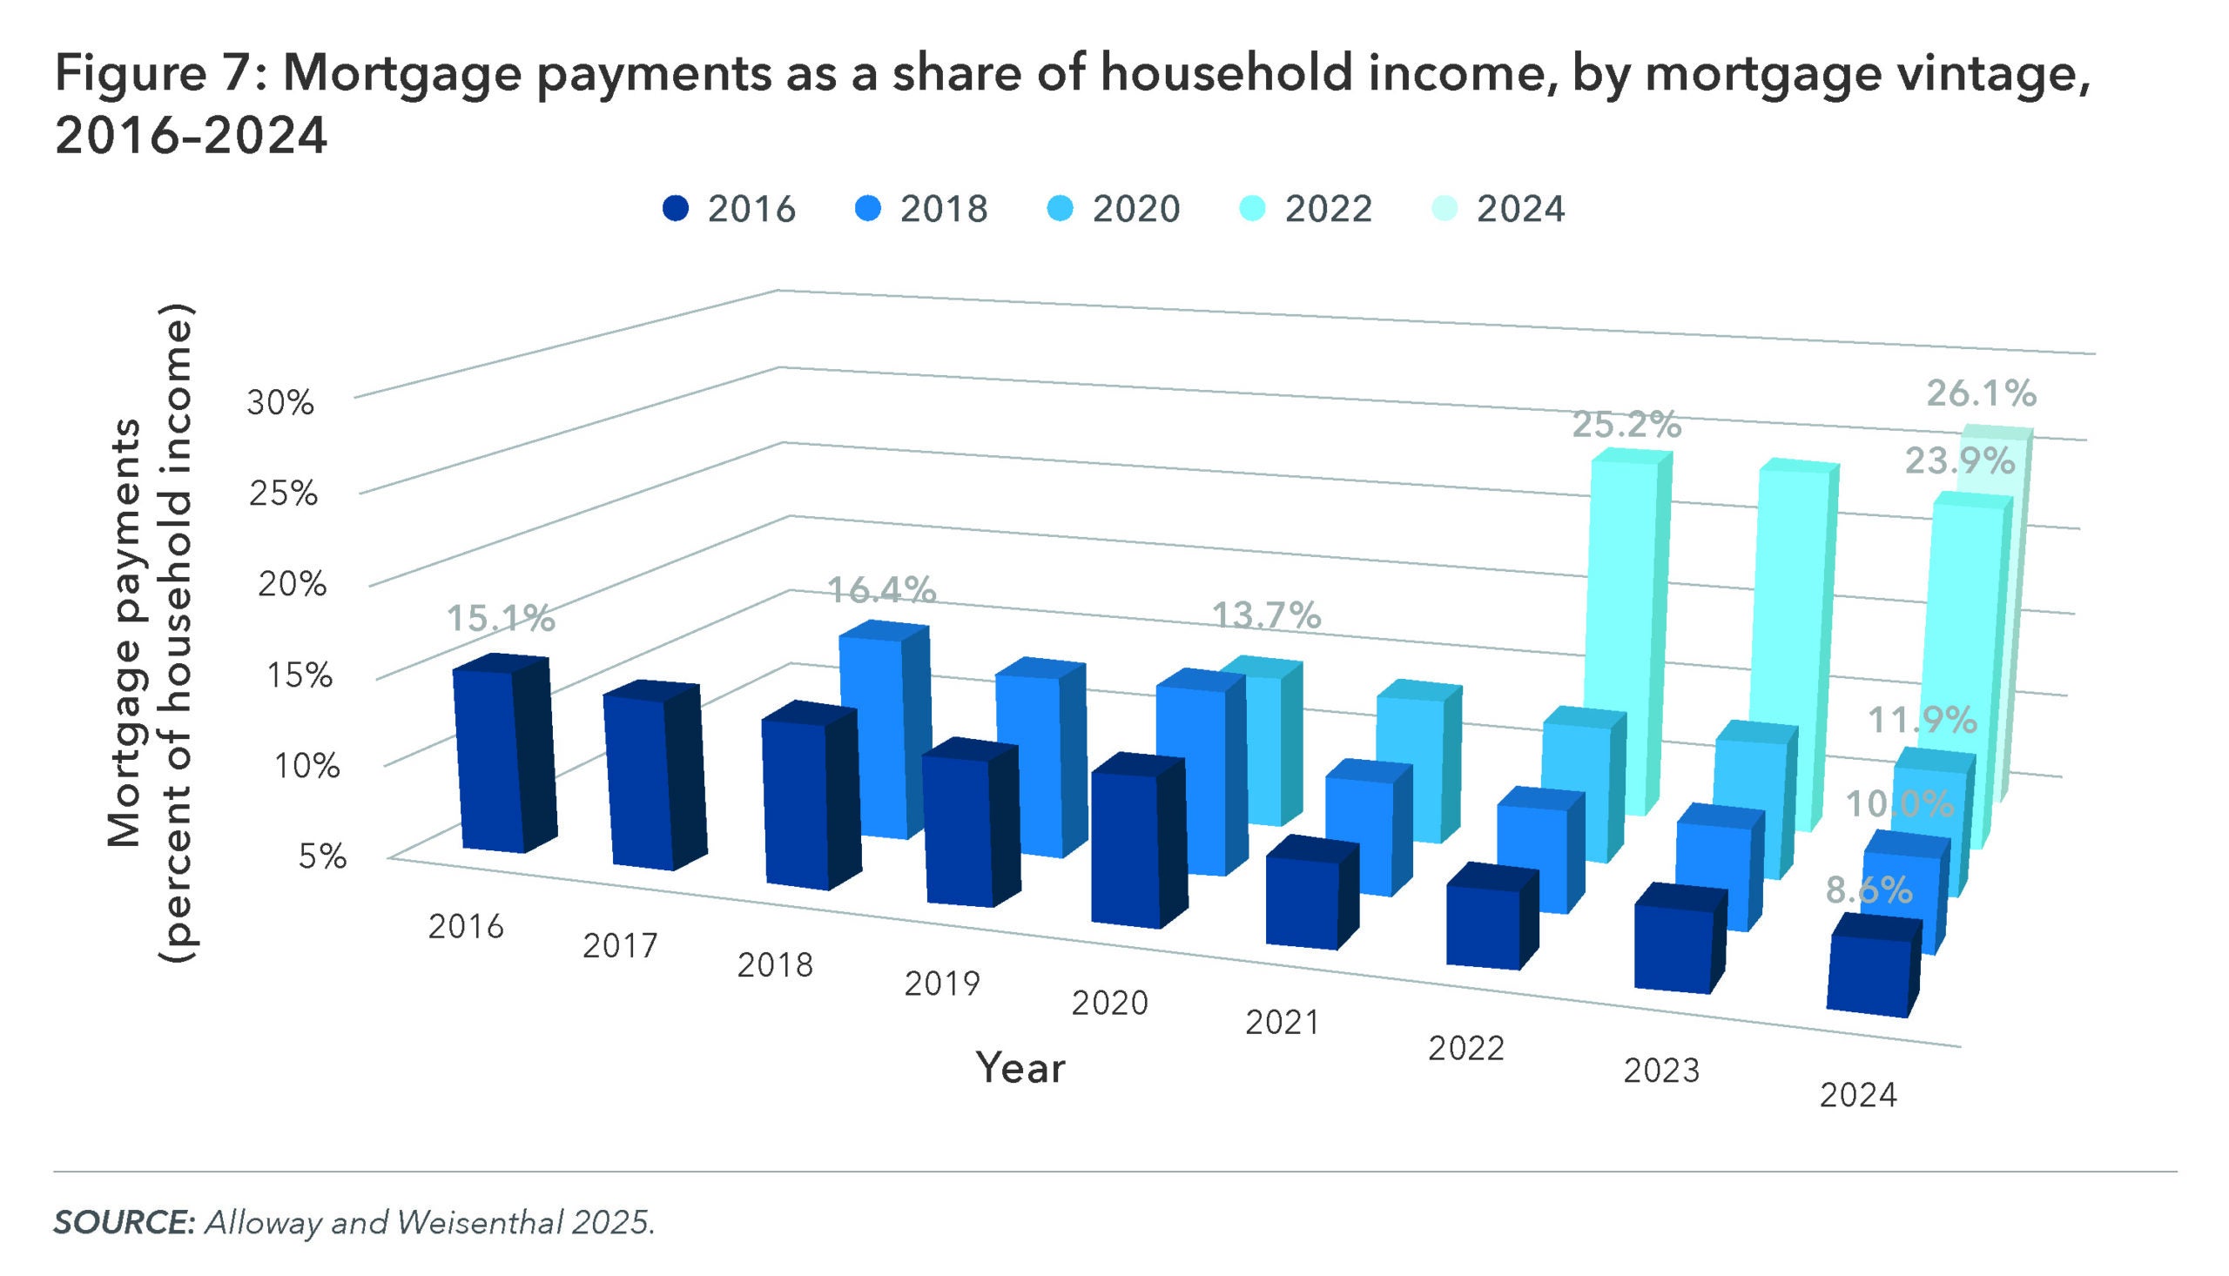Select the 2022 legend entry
point(1306,210)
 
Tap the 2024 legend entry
point(1498,210)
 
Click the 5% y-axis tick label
point(322,856)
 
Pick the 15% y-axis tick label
point(300,675)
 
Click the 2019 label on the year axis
point(941,984)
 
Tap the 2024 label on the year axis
point(1857,1096)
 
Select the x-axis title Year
point(1020,1068)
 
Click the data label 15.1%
point(502,619)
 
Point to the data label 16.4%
point(882,591)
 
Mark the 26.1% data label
point(1981,394)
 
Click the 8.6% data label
point(1869,891)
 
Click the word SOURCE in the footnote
point(124,1223)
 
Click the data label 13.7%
point(1266,616)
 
